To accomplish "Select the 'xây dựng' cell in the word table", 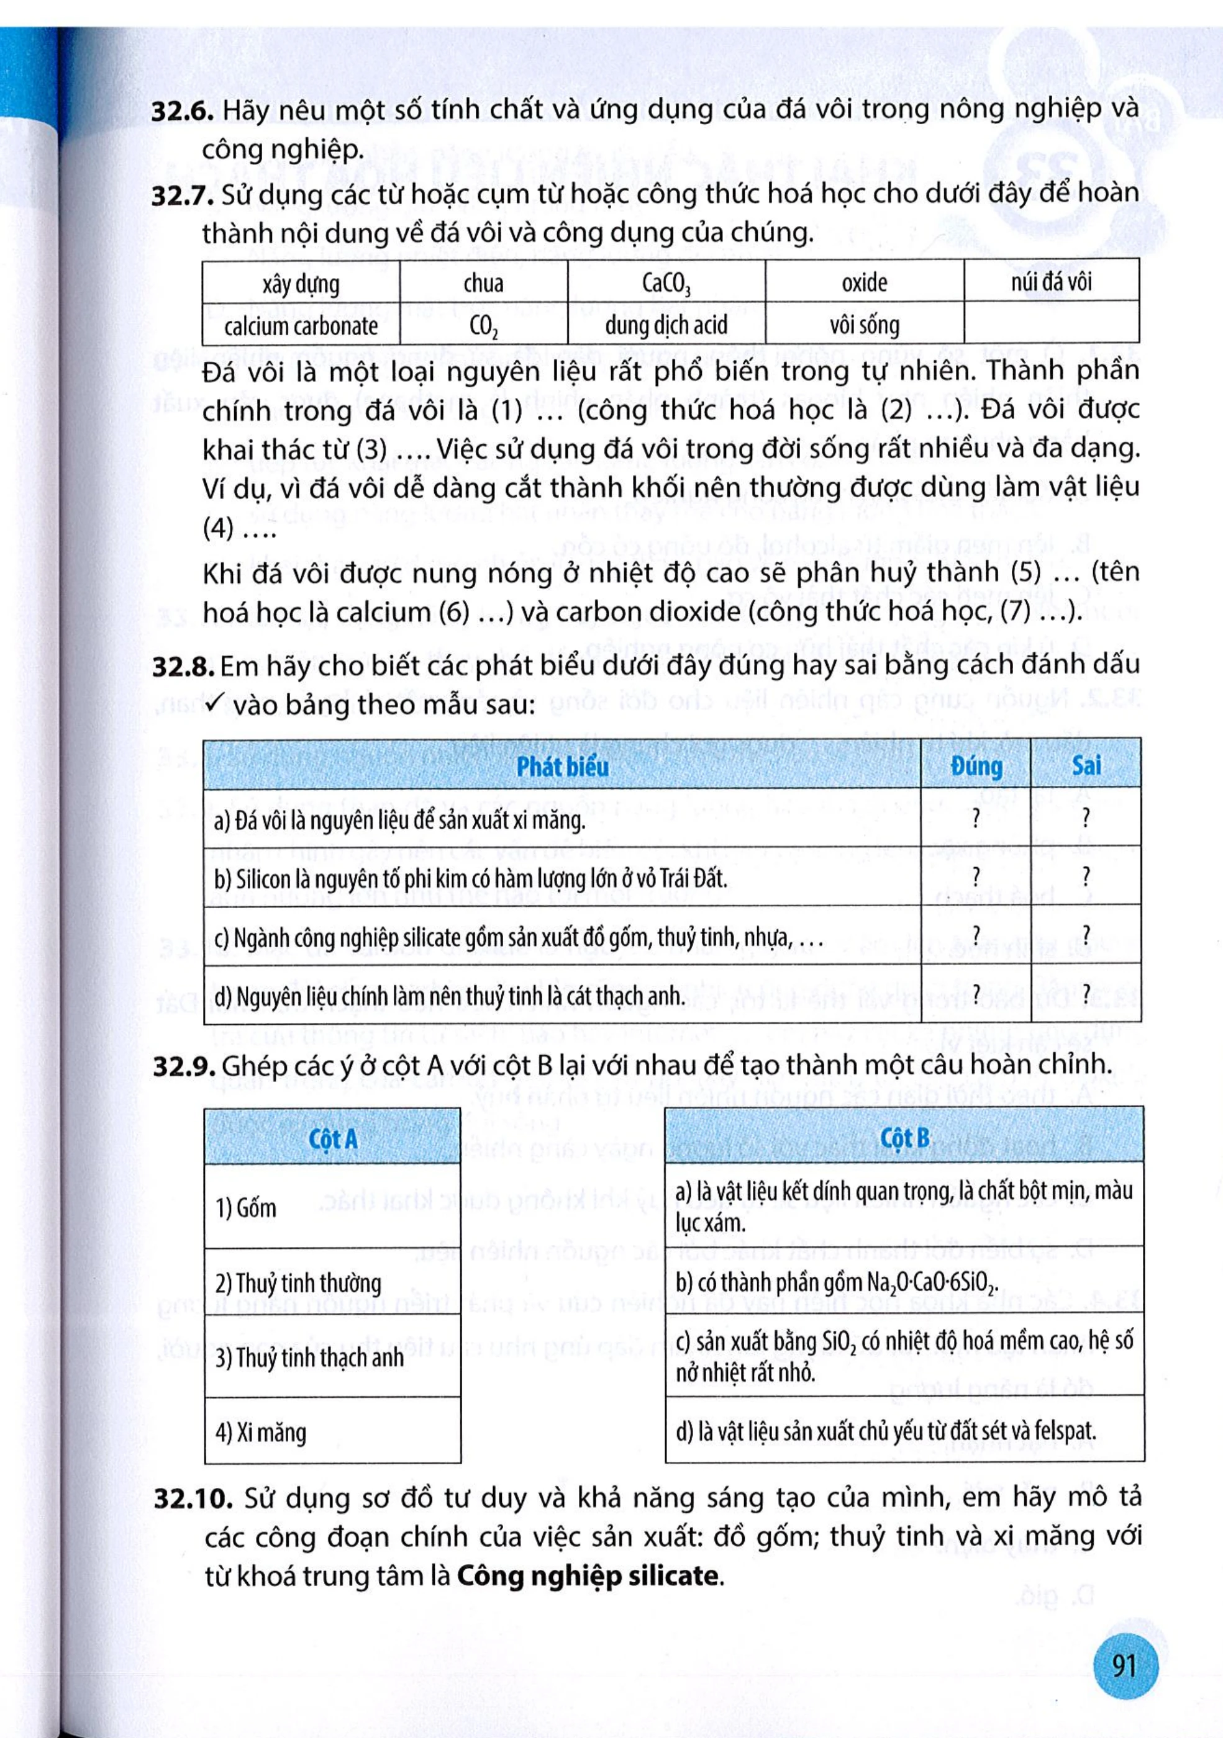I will (301, 284).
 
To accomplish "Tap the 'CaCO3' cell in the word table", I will (666, 284).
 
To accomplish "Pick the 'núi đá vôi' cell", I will (1051, 282).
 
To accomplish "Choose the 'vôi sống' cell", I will (864, 325).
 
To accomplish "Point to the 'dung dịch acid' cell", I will (666, 325).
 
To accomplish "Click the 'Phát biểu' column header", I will (562, 767).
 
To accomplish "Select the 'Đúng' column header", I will (976, 766).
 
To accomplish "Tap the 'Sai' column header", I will (1086, 765).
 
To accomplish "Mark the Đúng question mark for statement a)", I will (976, 817).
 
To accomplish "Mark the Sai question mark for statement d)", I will (1086, 993).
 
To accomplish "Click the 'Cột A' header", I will (332, 1139).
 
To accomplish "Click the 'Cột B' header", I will (904, 1138).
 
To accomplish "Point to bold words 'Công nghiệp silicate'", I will (588, 1576).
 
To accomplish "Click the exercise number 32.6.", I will (183, 111).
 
